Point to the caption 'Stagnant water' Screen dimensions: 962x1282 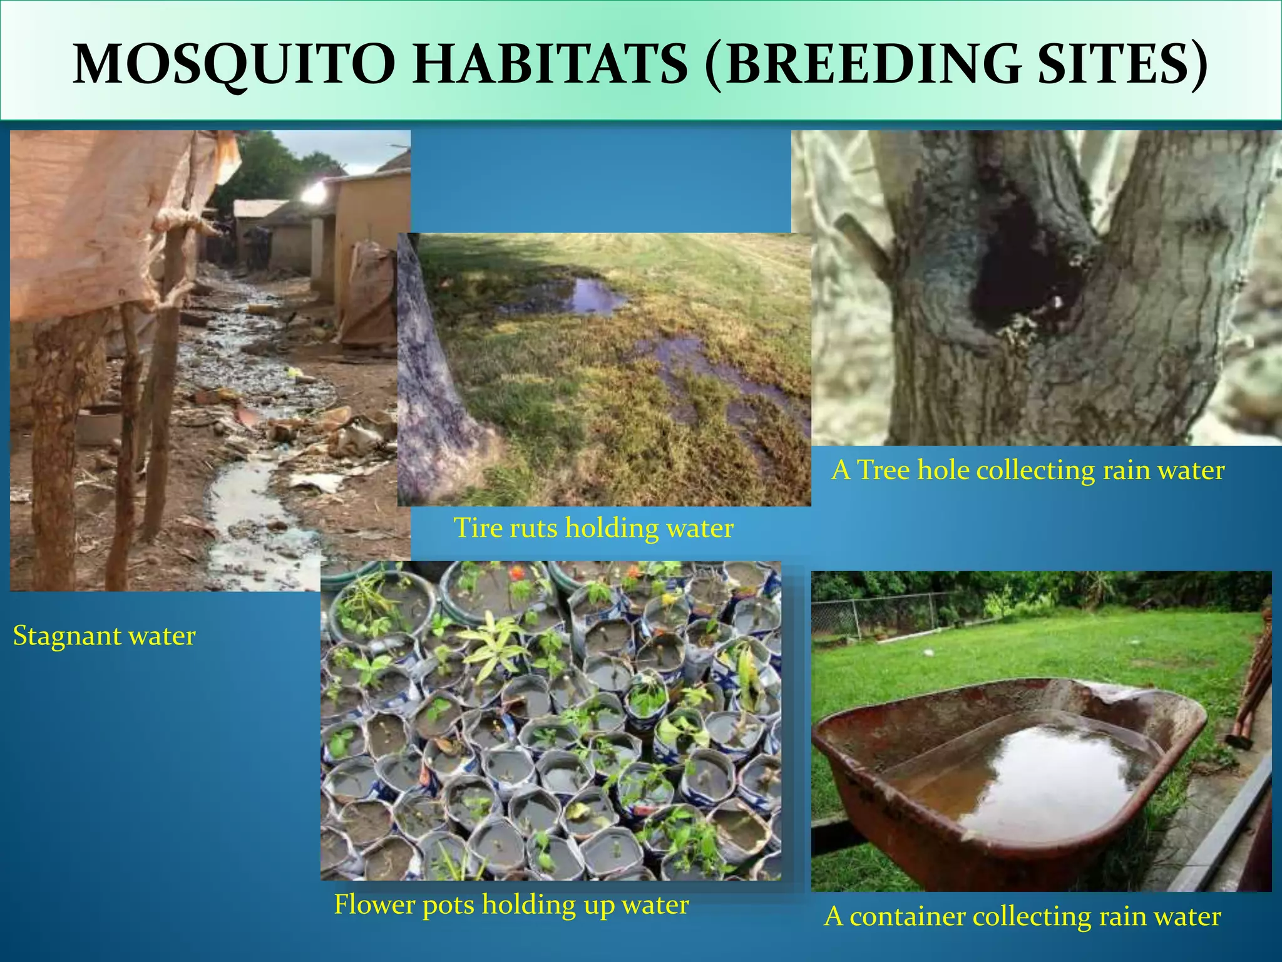click(104, 636)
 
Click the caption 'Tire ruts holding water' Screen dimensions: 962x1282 click(593, 528)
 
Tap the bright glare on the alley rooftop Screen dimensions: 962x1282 click(313, 192)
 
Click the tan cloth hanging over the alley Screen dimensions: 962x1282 click(94, 219)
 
